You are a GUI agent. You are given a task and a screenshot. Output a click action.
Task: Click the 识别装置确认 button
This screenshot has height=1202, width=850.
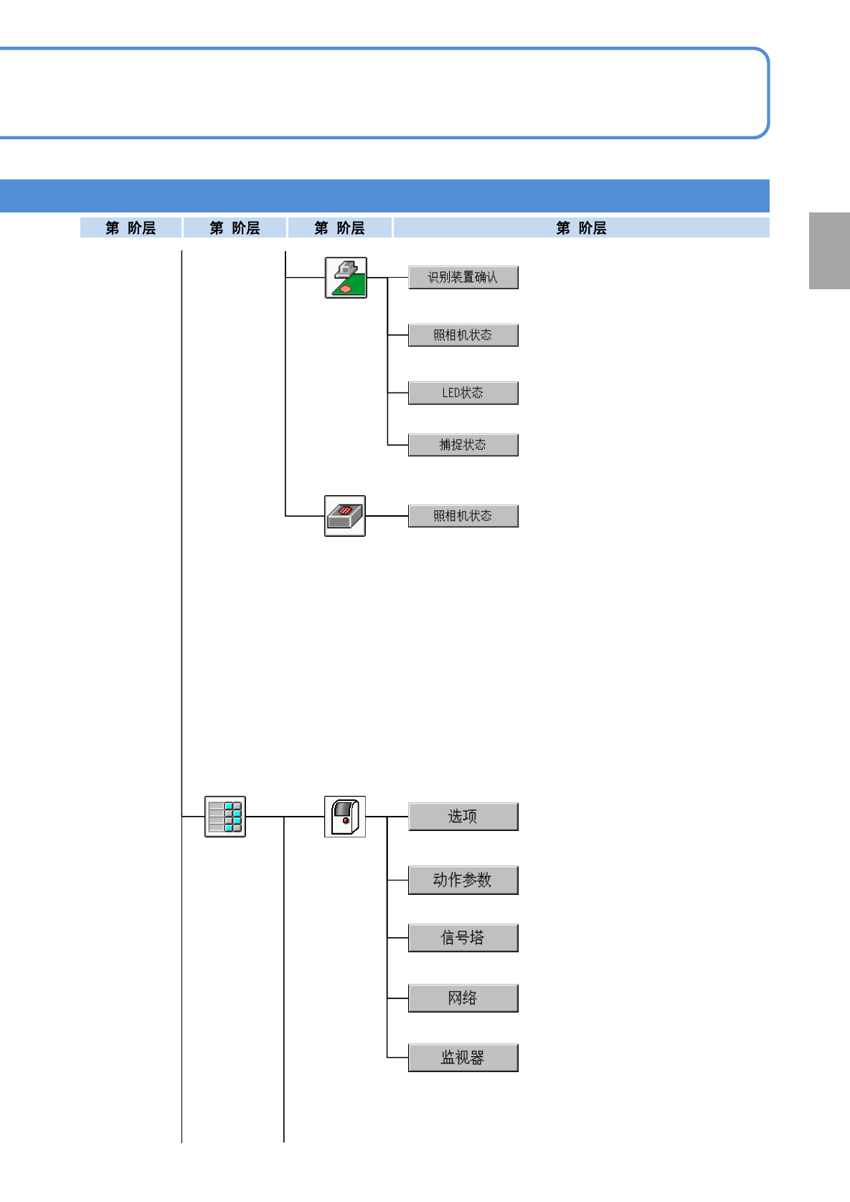pos(463,277)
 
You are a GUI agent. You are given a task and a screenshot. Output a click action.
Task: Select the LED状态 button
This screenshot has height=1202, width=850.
pos(463,393)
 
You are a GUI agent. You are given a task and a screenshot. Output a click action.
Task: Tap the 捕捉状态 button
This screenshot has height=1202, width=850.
pos(463,445)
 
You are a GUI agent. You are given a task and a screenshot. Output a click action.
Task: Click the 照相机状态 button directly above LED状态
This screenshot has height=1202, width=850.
pos(463,335)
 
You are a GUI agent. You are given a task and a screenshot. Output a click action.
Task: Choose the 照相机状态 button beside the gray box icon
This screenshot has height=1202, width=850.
pos(463,516)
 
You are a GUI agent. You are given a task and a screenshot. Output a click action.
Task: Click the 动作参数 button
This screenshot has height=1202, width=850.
pos(463,880)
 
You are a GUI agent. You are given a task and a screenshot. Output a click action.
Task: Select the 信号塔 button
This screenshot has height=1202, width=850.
pos(463,938)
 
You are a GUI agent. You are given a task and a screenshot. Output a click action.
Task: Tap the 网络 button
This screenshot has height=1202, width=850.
pos(463,998)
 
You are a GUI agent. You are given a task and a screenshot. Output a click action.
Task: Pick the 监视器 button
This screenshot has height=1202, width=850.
pos(463,1058)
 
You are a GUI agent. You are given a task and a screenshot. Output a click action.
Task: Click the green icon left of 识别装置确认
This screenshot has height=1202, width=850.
pos(346,278)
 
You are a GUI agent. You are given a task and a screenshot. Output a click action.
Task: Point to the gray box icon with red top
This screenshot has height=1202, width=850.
pos(345,516)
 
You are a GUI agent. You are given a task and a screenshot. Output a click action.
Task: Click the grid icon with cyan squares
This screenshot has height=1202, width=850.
pos(225,817)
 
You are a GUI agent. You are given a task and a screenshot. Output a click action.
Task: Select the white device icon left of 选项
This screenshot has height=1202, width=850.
pos(345,817)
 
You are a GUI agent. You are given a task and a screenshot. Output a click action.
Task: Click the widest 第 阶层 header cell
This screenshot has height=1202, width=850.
pos(581,227)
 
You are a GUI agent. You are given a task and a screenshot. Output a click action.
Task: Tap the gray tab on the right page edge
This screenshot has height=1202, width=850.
pos(829,250)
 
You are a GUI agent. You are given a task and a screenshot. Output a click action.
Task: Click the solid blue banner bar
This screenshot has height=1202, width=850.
pos(384,195)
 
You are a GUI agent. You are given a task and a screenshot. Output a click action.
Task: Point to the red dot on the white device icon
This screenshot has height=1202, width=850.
pos(346,820)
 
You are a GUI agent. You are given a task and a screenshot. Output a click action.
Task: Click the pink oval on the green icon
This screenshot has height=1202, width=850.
pos(346,288)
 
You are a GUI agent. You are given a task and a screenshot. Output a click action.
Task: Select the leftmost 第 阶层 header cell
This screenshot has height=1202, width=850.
pos(131,227)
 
